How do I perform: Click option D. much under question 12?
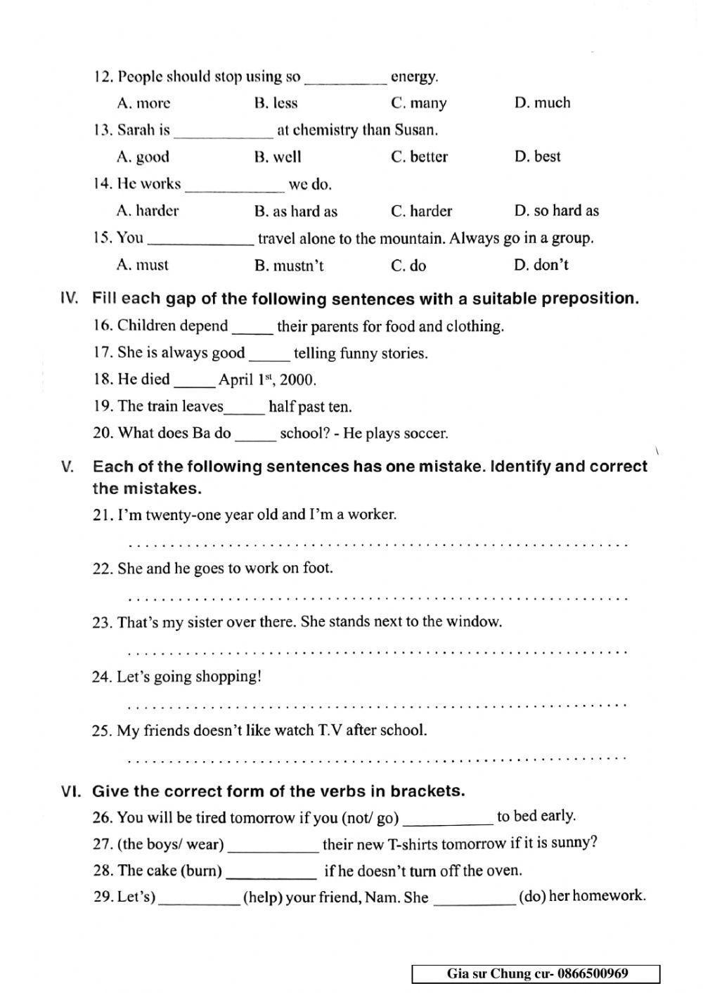point(542,103)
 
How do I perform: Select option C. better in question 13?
point(419,157)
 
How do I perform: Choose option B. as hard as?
point(295,211)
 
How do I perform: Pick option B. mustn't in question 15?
point(289,266)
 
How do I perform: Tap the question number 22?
point(103,569)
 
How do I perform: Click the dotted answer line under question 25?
point(378,759)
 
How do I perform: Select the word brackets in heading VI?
point(427,791)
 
